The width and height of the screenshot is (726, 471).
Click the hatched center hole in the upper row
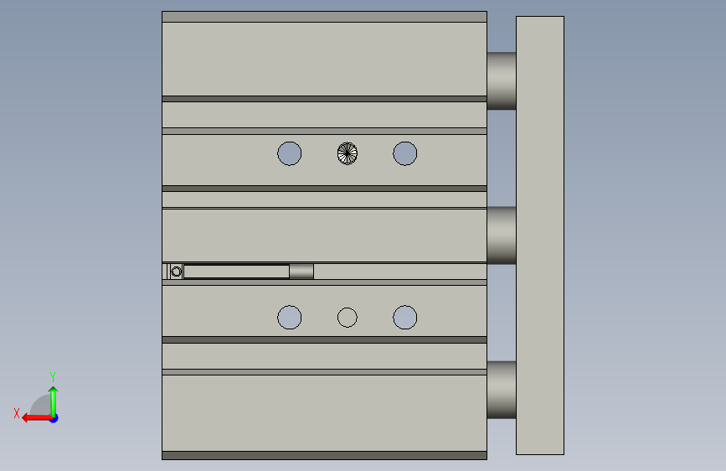348,153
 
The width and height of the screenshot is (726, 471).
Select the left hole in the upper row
290,153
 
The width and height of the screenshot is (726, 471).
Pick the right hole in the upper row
405,153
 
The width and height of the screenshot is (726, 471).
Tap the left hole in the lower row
290,318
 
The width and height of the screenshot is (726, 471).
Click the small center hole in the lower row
348,318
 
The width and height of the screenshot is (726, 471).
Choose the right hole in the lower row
405,318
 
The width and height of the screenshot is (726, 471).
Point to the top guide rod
502,80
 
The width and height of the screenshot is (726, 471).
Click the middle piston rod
502,235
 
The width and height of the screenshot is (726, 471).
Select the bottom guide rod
502,390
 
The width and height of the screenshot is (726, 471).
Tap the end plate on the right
540,235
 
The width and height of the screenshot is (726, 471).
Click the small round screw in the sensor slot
176,272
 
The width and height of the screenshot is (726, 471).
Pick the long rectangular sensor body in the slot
237,272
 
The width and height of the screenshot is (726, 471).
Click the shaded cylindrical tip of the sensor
301,272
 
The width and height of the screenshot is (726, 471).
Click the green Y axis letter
53,376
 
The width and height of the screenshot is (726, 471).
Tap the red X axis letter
17,413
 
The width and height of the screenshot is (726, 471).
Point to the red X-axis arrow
37,418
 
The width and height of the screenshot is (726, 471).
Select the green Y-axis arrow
54,401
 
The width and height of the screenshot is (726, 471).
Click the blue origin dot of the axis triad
54,418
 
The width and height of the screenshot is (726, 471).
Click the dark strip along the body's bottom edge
324,455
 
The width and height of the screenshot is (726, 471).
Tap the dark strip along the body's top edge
324,17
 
